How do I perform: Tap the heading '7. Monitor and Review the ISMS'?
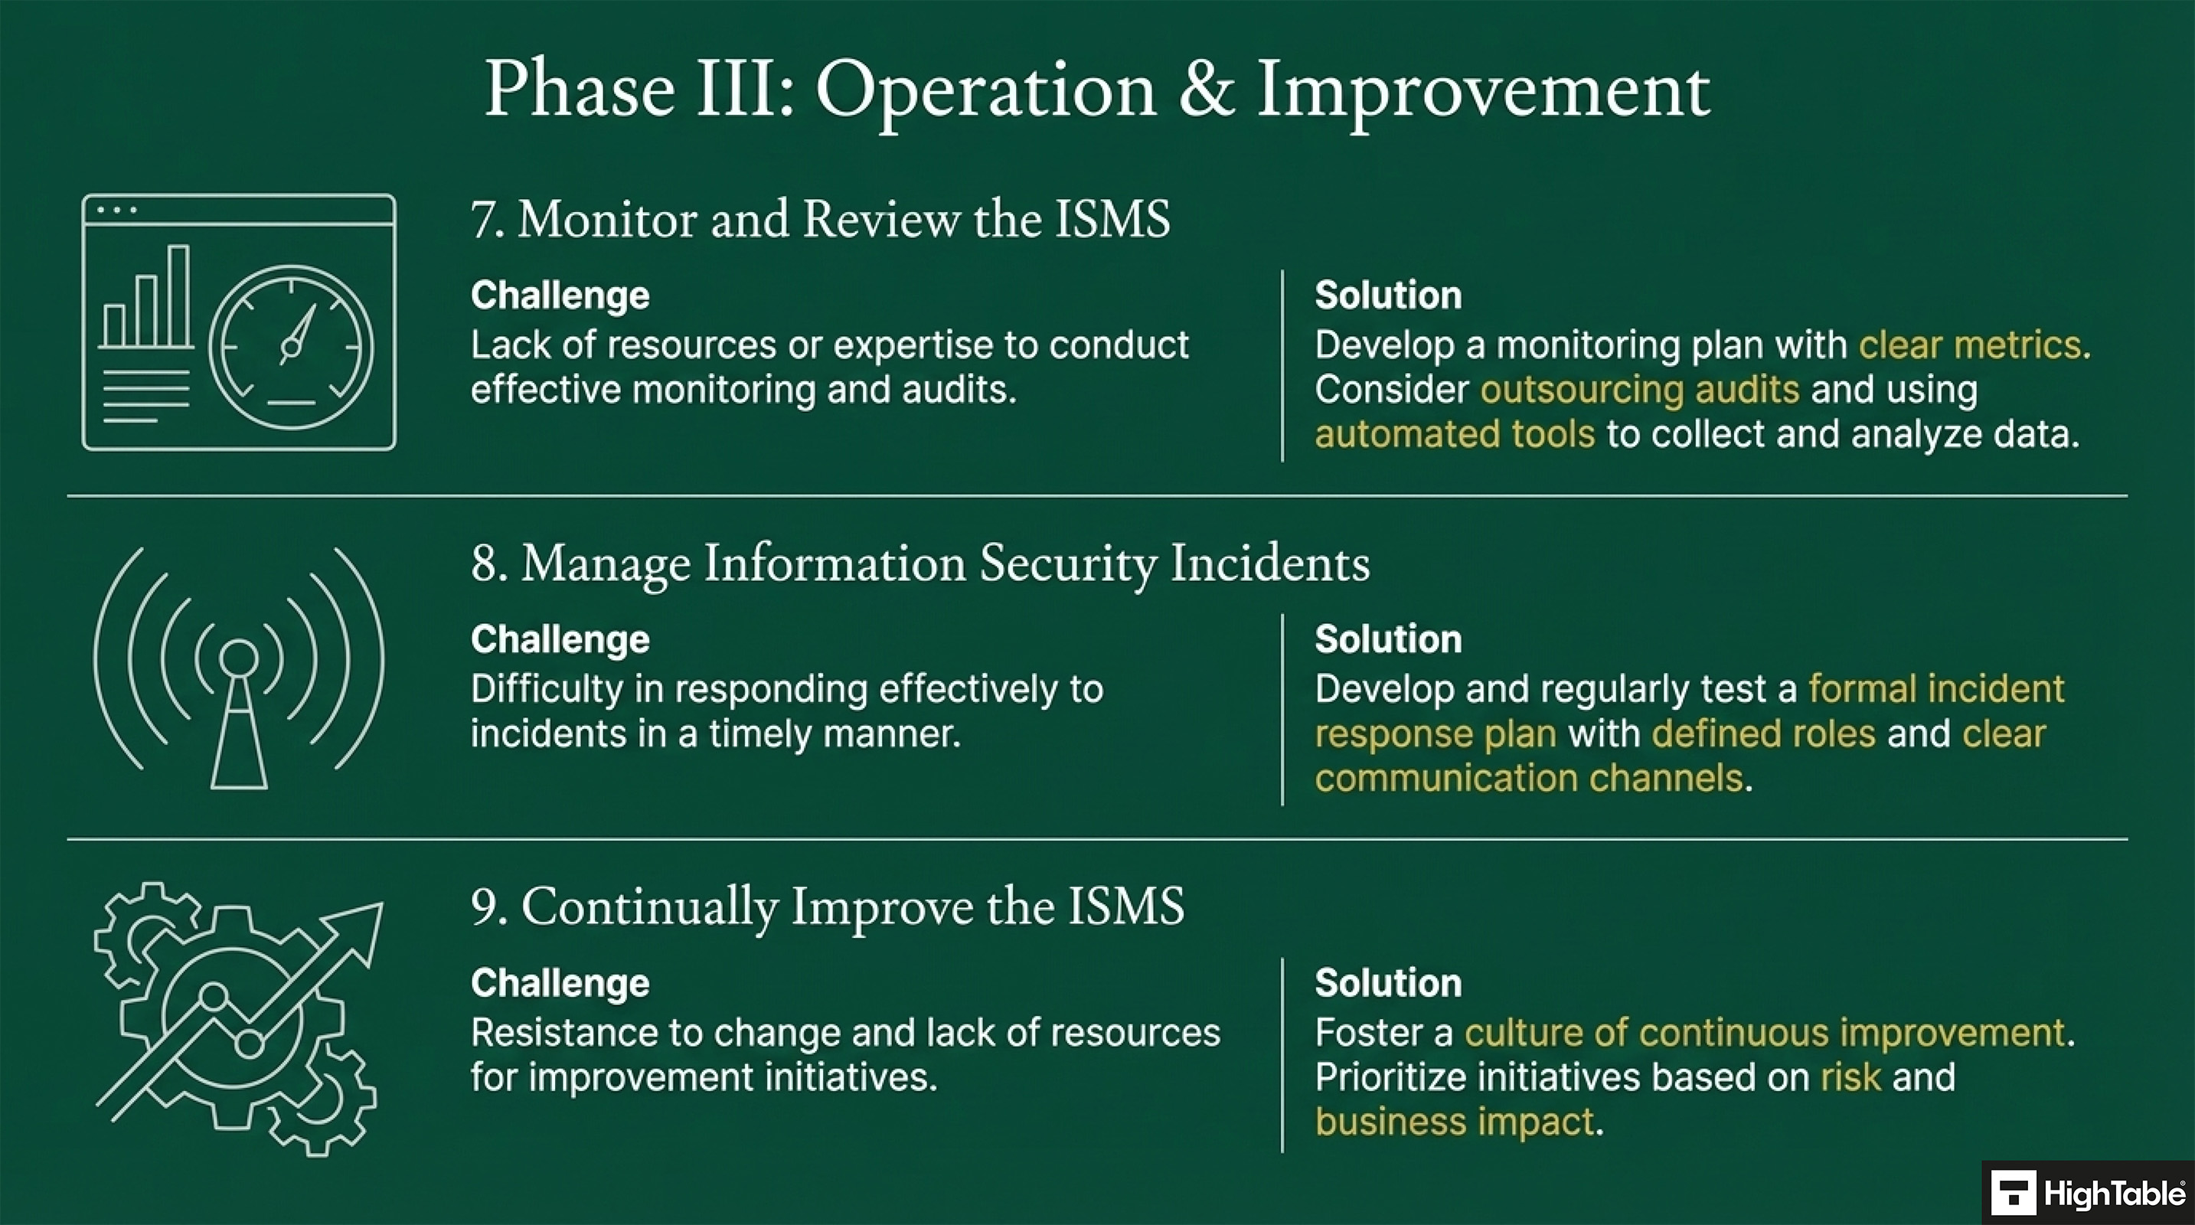coord(820,219)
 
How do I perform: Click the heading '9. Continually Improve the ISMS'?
coord(827,906)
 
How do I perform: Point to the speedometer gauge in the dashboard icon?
coord(292,347)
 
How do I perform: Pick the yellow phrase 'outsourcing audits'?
coord(1639,389)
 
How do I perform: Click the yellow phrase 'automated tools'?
coord(1454,434)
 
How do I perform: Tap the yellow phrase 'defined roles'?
coord(1763,733)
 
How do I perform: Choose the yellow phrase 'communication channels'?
coord(1529,779)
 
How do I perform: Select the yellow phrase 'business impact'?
coord(1454,1122)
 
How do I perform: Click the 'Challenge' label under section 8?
coord(560,639)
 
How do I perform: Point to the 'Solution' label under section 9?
coord(1387,983)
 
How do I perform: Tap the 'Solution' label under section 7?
coord(1387,296)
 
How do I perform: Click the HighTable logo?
coord(2088,1193)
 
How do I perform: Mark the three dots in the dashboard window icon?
coord(116,210)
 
